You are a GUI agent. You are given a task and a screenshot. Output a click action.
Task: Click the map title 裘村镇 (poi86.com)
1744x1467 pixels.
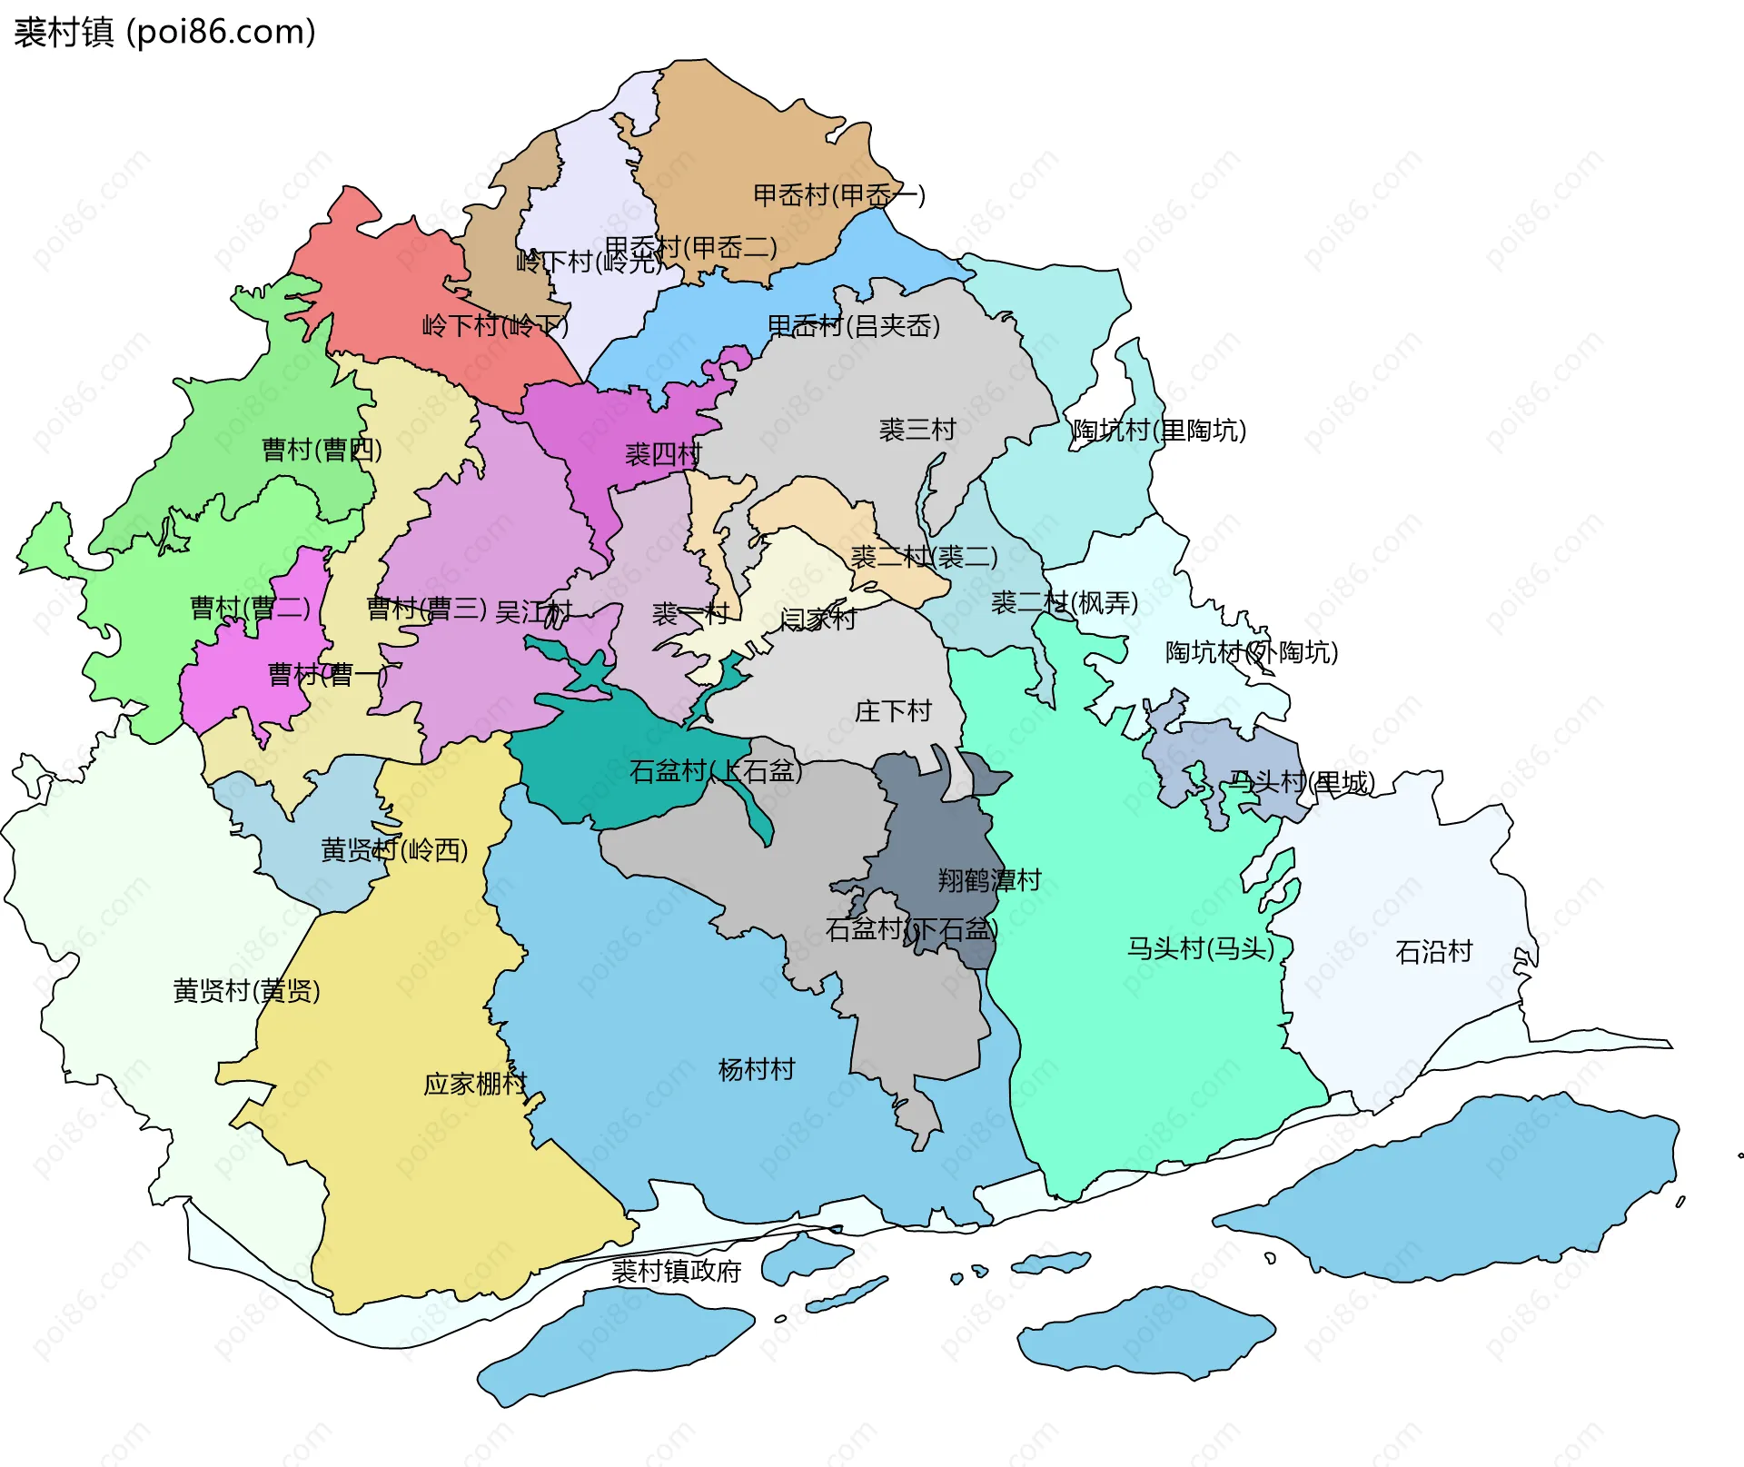(164, 32)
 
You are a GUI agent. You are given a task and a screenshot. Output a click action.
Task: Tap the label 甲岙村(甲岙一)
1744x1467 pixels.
(838, 195)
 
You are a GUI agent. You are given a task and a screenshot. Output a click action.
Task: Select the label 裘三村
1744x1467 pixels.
(917, 430)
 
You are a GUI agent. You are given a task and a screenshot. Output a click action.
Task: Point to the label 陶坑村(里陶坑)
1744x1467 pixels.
(1159, 430)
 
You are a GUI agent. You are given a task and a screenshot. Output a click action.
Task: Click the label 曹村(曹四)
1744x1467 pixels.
(322, 449)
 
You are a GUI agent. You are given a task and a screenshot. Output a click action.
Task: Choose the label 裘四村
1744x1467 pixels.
(663, 454)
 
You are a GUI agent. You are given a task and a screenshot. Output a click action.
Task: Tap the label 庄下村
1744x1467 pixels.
(893, 710)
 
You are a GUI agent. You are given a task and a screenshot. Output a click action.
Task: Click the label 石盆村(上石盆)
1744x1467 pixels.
(716, 771)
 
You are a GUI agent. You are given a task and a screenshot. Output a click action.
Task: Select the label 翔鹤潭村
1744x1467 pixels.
(989, 879)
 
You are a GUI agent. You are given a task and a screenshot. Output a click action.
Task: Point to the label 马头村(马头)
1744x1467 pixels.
(1200, 948)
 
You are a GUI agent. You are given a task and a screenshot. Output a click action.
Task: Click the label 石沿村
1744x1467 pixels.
(1433, 951)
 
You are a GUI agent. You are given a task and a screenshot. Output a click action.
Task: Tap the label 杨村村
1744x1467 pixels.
(756, 1069)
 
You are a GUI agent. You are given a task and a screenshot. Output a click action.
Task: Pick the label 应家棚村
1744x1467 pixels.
(475, 1084)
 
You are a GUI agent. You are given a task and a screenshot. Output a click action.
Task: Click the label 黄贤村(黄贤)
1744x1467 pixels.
(246, 990)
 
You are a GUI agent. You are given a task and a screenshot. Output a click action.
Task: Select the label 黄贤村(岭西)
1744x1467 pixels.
(394, 849)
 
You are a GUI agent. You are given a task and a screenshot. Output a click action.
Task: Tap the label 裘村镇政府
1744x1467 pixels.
(676, 1271)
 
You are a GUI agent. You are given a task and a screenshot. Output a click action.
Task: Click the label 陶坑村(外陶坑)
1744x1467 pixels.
(1251, 651)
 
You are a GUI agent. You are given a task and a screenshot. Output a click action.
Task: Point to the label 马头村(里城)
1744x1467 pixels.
(1301, 782)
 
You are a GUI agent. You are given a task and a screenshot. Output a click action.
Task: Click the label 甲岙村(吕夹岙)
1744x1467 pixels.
(853, 325)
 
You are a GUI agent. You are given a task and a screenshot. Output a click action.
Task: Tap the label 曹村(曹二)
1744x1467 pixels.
(250, 607)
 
